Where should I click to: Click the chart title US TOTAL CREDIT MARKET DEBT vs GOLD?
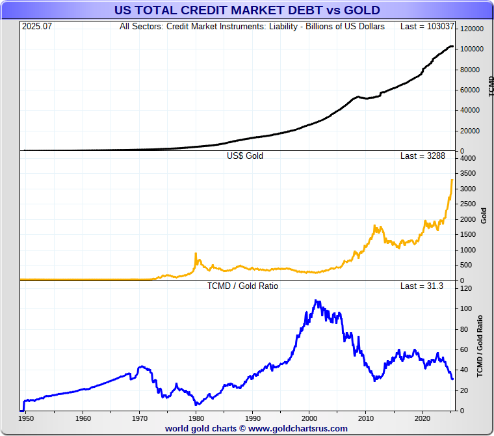247,10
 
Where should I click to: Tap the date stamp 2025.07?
36,27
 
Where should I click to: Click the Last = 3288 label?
422,156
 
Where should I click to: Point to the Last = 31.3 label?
422,286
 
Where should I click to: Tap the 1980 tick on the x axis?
196,418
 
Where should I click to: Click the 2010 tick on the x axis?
367,418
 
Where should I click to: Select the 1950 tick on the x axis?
26,418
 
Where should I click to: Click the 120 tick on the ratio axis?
466,288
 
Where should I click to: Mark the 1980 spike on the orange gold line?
196,253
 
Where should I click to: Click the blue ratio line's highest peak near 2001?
316,301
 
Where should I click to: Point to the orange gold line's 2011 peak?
375,226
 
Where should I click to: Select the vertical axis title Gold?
484,215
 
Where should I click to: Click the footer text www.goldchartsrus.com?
298,429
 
